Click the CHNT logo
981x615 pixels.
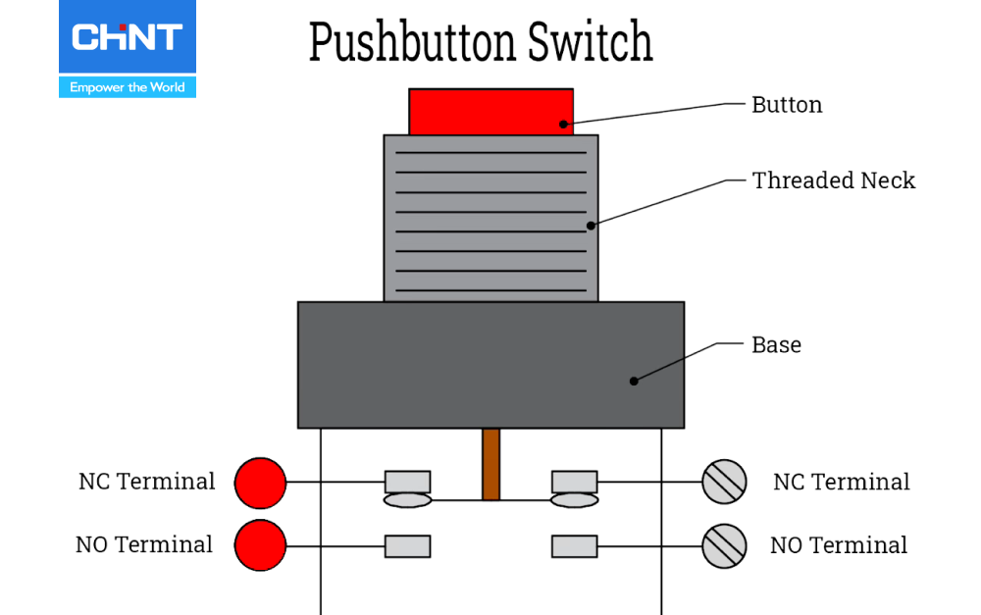click(x=127, y=38)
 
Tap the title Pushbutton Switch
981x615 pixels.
click(x=481, y=42)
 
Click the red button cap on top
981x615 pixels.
click(x=490, y=111)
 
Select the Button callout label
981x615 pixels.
click(x=787, y=105)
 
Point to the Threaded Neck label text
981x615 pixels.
click(x=833, y=180)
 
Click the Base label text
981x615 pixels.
click(x=776, y=345)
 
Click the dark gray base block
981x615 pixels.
click(x=490, y=365)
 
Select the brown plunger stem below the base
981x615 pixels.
click(x=491, y=464)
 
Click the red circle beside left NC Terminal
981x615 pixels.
click(x=260, y=483)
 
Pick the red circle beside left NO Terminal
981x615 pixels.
click(x=260, y=545)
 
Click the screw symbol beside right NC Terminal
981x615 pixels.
click(x=725, y=483)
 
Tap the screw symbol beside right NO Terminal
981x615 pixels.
click(x=725, y=545)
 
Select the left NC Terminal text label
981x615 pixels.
click(x=147, y=482)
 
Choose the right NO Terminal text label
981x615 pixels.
click(x=839, y=545)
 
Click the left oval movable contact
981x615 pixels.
click(x=407, y=500)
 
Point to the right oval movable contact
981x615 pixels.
click(x=575, y=500)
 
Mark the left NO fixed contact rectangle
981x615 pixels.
click(x=407, y=545)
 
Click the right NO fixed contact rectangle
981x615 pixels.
click(x=575, y=545)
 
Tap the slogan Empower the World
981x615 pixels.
click(x=128, y=87)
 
